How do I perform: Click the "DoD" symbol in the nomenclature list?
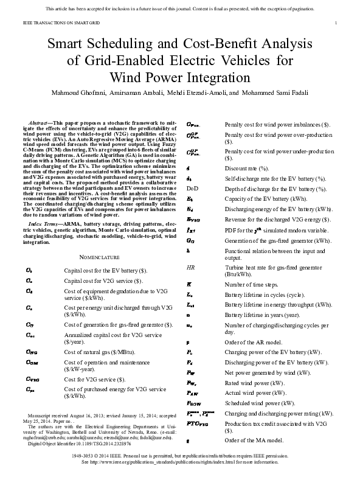pos(192,188)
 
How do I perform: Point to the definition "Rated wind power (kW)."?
pos(253,383)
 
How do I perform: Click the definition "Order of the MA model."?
pos(254,440)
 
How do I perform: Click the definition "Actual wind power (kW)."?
pos(254,393)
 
